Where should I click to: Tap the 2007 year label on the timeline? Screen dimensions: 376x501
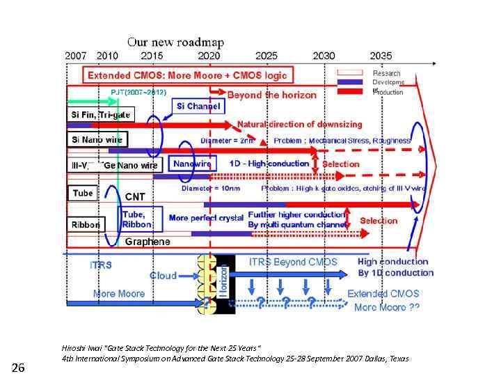(x=76, y=56)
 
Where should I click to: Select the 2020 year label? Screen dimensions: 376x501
(x=209, y=56)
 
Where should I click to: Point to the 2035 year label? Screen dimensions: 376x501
(x=381, y=56)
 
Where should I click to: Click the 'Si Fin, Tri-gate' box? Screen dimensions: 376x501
(x=100, y=114)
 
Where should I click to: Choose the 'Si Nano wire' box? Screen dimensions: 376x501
(x=96, y=139)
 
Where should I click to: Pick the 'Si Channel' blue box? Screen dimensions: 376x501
(x=197, y=107)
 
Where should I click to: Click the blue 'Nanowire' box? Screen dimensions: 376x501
(x=192, y=164)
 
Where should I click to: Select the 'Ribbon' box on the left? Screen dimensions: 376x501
(x=86, y=224)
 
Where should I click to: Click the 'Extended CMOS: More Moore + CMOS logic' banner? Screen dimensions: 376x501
(x=187, y=75)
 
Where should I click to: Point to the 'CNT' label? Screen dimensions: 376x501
(x=135, y=197)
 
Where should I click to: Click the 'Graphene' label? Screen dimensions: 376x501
(x=148, y=242)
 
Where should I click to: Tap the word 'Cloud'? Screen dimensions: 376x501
(x=164, y=276)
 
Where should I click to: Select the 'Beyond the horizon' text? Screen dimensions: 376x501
(x=271, y=94)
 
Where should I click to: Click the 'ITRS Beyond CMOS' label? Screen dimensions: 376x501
(x=293, y=262)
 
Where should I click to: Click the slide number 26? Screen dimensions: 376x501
(x=19, y=367)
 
